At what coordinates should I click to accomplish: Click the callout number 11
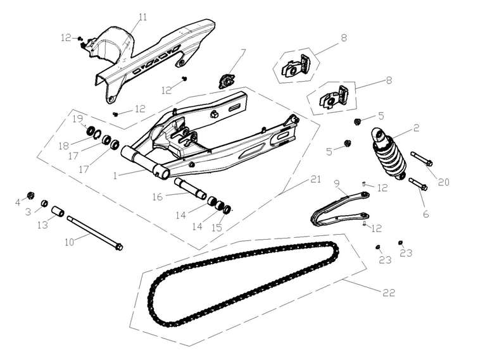142,17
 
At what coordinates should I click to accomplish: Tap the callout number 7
243,52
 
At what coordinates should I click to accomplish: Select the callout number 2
416,127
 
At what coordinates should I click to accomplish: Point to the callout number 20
443,182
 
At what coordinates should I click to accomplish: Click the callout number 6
425,214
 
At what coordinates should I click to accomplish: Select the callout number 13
42,225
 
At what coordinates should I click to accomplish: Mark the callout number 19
77,118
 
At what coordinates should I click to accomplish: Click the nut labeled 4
30,194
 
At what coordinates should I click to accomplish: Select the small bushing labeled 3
45,203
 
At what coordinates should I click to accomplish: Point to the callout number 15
217,226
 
